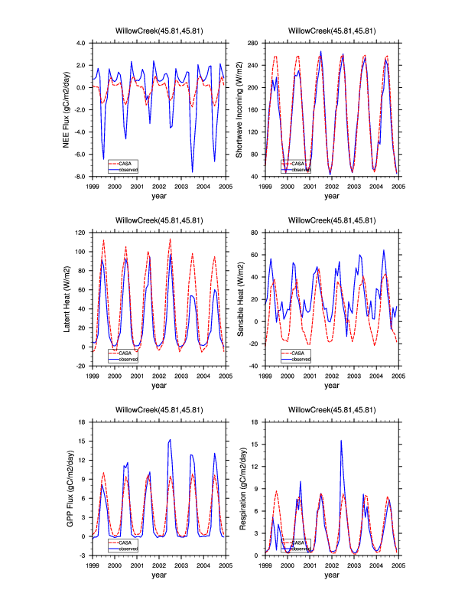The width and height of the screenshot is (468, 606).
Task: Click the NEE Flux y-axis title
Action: tap(67, 109)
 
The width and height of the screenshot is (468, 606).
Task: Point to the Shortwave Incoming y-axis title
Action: tap(240, 109)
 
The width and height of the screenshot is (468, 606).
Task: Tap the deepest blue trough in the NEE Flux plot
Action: tap(193, 171)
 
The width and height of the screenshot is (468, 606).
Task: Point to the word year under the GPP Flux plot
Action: tap(159, 575)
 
